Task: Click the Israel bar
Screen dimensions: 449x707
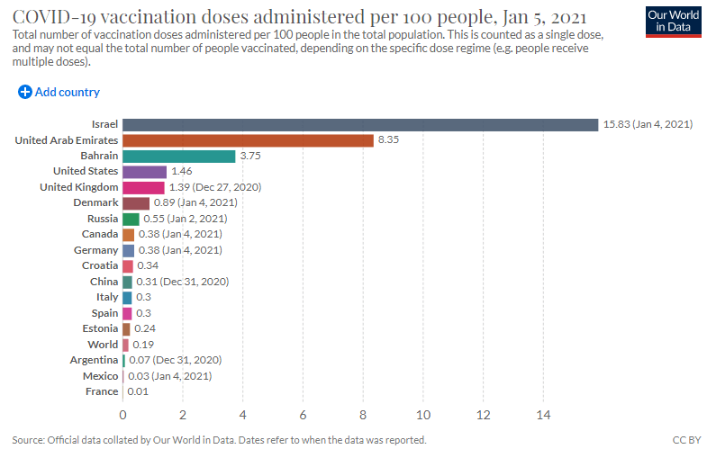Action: coord(360,124)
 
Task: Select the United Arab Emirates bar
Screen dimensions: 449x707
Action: coord(248,140)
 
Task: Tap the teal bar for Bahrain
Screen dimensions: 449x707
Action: coord(179,156)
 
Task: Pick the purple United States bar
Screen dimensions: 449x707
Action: coord(144,171)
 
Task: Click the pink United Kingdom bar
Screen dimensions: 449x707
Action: coord(143,187)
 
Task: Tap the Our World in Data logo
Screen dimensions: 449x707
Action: coord(672,21)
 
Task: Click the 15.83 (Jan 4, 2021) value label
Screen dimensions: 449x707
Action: coord(648,124)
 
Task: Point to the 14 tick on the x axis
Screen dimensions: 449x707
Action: coord(543,415)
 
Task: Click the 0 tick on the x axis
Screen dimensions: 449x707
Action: coord(123,415)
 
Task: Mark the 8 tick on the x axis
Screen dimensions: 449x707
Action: coord(363,415)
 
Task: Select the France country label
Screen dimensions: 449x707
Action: coord(101,391)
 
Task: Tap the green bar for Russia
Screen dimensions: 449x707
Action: coord(131,219)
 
